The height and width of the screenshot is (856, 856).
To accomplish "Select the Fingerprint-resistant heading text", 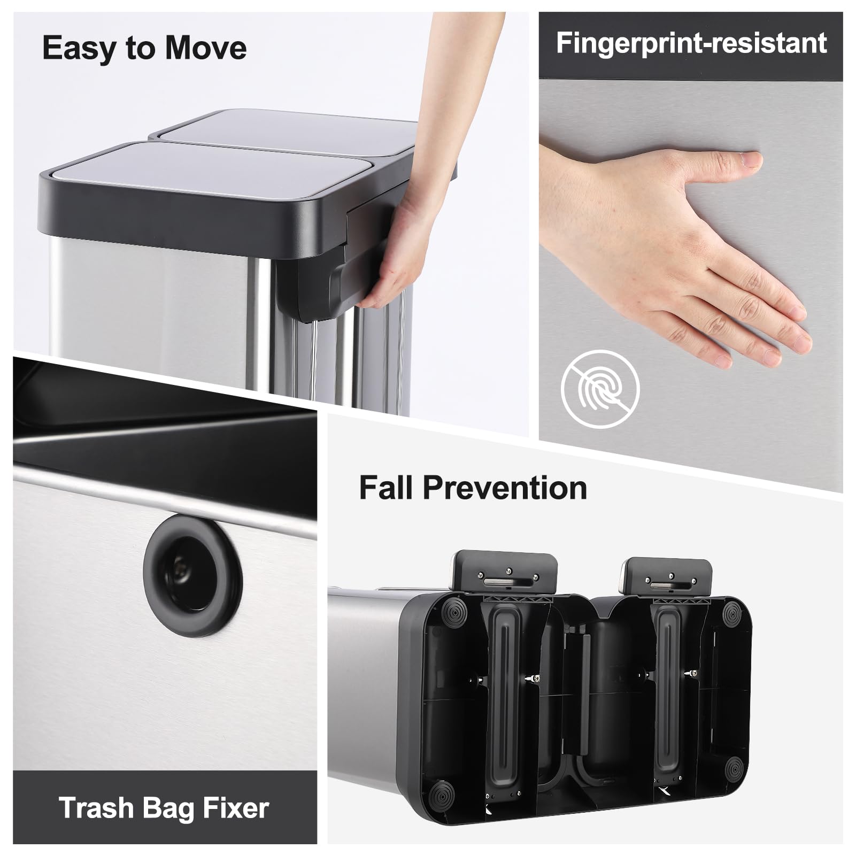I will (691, 43).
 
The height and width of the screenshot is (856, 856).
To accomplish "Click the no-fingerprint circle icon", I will (600, 389).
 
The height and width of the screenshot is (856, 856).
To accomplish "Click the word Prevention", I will (505, 488).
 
